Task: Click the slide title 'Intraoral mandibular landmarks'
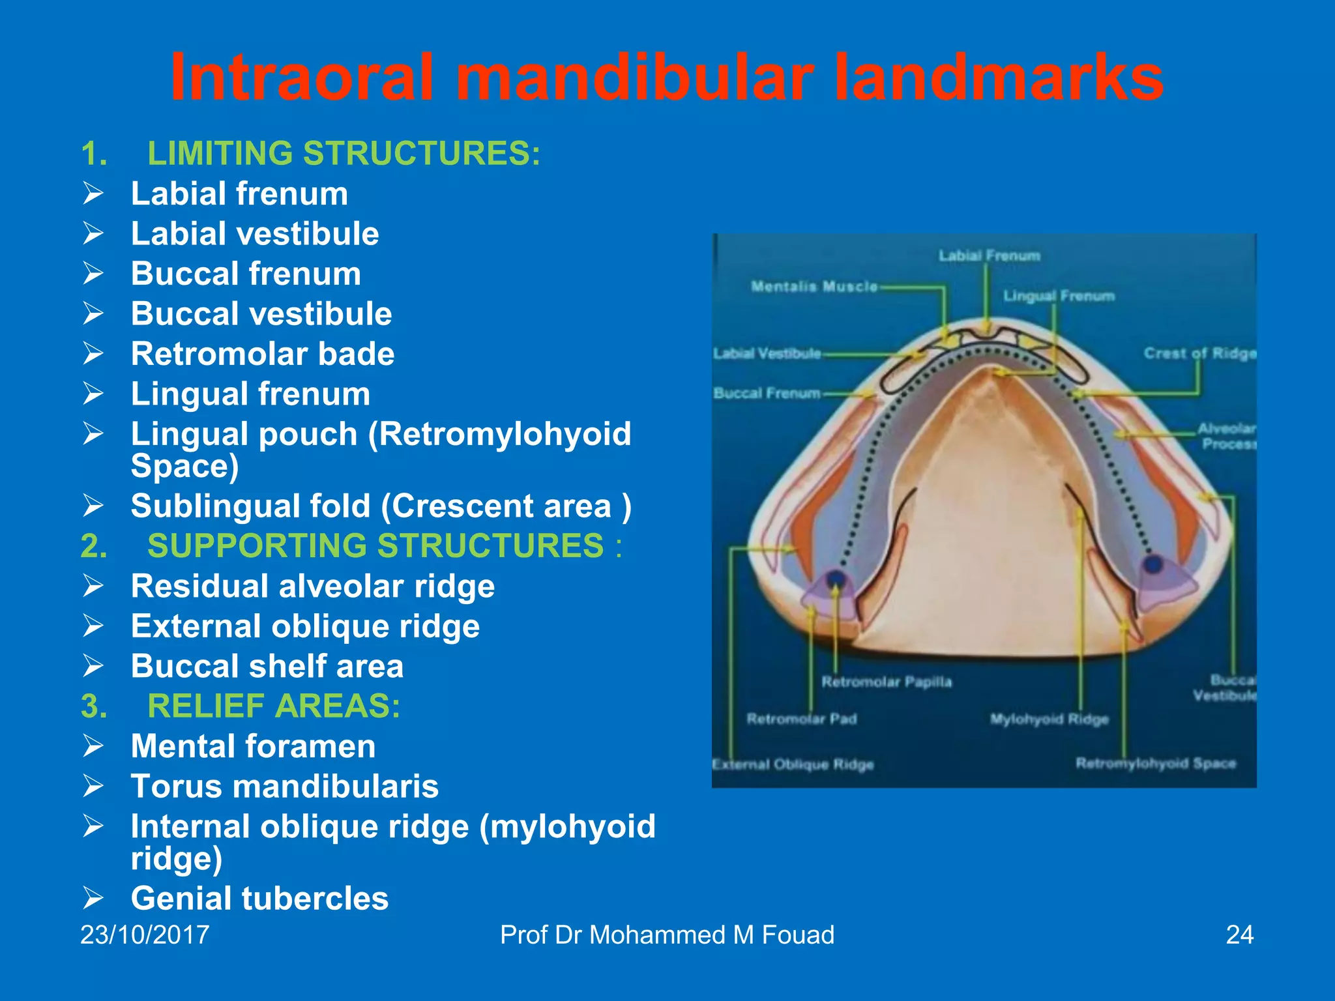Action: point(666,78)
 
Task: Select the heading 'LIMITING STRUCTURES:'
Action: point(344,154)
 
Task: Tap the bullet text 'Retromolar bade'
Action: point(262,354)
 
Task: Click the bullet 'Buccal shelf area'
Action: point(267,666)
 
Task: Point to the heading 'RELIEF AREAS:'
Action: point(274,706)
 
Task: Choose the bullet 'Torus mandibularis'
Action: point(284,786)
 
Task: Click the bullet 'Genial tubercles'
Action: point(259,898)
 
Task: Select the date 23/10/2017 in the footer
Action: point(145,935)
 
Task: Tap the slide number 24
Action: point(1239,935)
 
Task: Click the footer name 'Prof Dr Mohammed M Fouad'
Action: point(667,935)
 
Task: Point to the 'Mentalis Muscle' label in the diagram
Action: point(814,286)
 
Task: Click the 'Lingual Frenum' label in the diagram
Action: point(1059,296)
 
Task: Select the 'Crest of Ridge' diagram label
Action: point(1199,353)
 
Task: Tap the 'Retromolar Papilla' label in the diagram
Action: point(887,682)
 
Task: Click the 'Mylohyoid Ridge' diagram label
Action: point(1049,719)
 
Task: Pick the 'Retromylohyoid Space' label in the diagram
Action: point(1155,763)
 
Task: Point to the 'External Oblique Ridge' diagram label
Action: point(793,764)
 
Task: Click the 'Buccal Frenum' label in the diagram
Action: point(767,393)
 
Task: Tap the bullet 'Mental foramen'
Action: point(253,746)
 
